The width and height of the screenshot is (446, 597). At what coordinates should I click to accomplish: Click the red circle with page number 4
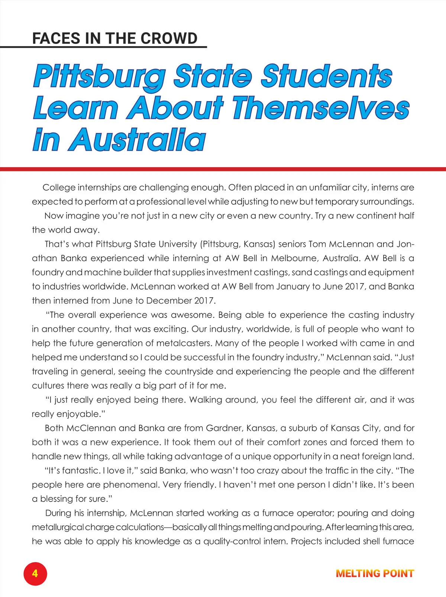point(35,573)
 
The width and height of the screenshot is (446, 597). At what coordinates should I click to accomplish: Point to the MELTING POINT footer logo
point(375,573)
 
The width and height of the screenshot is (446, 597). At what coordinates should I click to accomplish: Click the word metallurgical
point(58,527)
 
